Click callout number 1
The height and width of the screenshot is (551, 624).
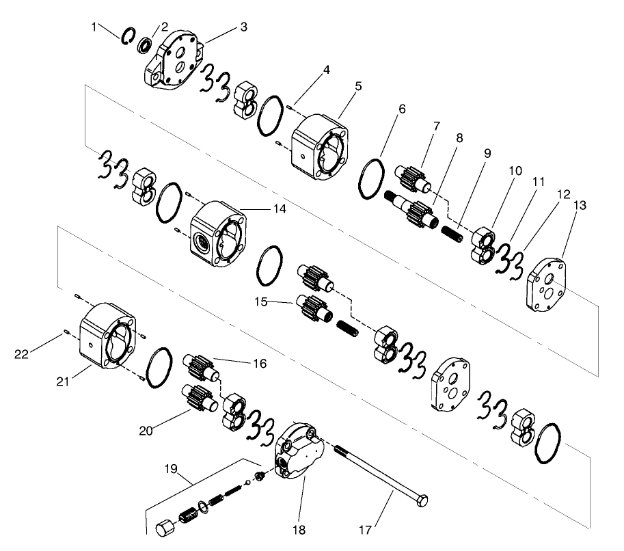point(94,26)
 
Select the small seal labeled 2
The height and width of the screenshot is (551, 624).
point(145,46)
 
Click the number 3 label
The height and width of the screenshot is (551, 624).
point(244,27)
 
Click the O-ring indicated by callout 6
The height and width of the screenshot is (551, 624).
point(372,179)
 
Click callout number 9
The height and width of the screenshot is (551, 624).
point(487,154)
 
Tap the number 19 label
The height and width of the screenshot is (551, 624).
point(170,469)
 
